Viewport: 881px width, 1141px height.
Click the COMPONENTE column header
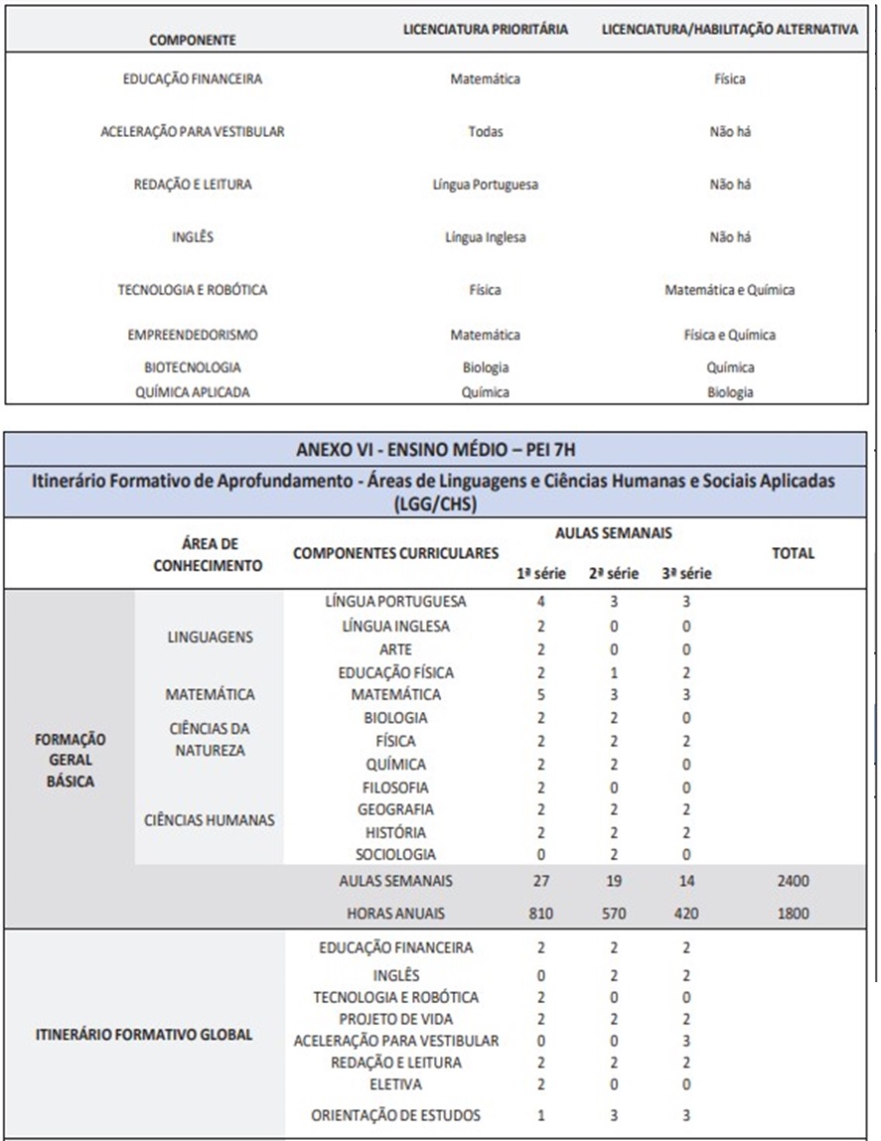192,40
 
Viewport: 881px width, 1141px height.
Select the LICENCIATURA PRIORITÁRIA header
486,30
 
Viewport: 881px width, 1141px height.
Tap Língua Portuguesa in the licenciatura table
486,185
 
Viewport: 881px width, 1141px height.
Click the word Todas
486,132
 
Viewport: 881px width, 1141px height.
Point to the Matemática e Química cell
729,290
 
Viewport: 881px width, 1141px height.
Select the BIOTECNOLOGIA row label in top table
193,367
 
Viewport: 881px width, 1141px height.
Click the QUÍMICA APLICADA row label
193,392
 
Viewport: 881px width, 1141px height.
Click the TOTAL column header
793,553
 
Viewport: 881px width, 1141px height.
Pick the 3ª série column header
686,574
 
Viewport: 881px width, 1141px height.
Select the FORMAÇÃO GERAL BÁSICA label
71,761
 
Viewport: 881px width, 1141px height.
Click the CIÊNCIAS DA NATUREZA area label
210,740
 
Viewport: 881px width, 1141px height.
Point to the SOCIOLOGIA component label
395,855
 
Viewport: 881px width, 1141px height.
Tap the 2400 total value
794,881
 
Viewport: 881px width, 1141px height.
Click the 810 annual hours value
541,914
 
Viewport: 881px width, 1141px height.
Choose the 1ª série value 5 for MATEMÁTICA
541,695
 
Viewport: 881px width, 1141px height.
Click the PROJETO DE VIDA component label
395,1020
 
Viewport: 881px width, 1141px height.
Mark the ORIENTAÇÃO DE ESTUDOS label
395,1115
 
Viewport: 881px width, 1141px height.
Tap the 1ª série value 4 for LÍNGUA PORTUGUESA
541,602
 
